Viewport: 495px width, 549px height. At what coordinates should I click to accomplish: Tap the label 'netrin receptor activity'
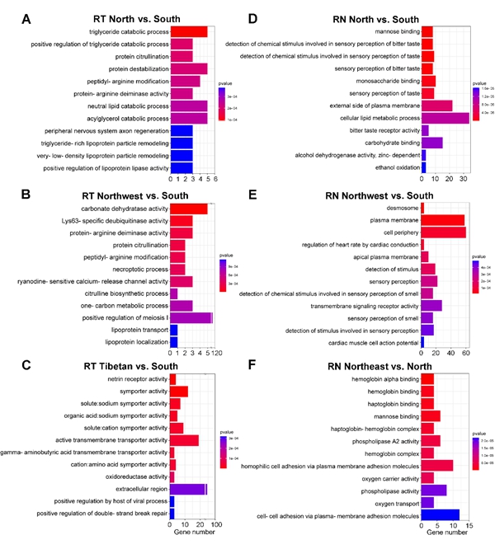pyautogui.click(x=130, y=378)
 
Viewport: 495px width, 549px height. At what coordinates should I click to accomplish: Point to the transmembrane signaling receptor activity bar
pyautogui.click(x=431, y=305)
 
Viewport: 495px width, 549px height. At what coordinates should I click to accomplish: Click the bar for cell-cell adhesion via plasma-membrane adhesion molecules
pyautogui.click(x=440, y=515)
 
